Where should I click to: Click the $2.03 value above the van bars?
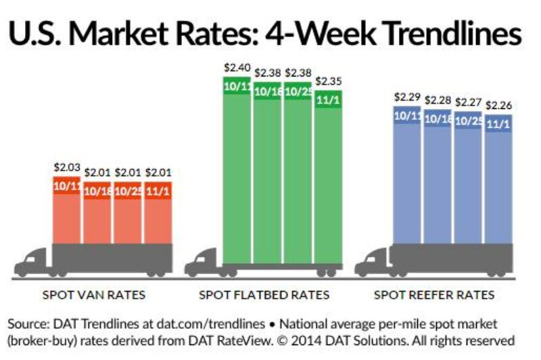[66, 166]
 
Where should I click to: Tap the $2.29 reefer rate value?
[407, 97]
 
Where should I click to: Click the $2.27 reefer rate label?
[468, 102]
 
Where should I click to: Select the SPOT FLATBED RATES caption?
[264, 295]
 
